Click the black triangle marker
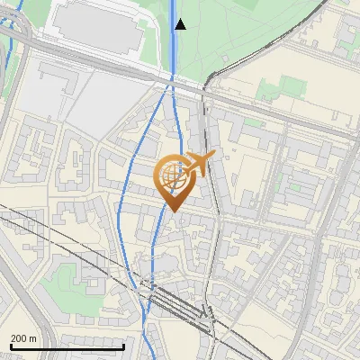[x=180, y=24]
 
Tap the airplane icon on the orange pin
[x=199, y=164]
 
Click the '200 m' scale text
[x=23, y=337]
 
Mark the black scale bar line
[x=67, y=346]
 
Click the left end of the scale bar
[x=11, y=346]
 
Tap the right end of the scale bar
[x=123, y=346]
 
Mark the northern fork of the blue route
[x=172, y=90]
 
